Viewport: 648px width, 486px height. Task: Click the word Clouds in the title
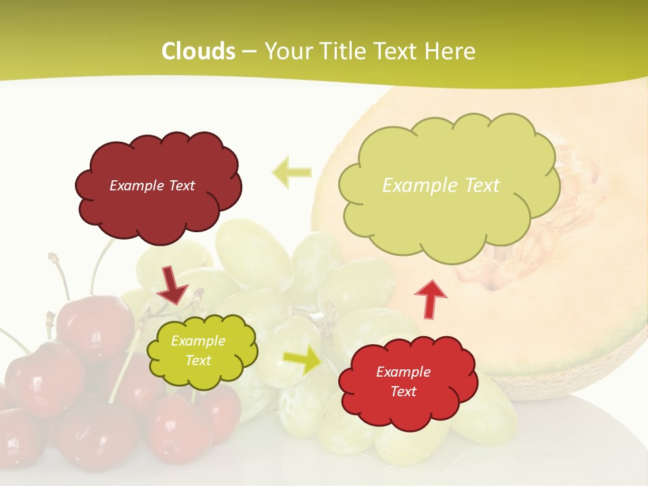198,51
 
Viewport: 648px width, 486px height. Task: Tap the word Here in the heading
453,51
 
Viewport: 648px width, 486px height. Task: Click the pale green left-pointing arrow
292,172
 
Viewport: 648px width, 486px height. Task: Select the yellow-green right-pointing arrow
303,360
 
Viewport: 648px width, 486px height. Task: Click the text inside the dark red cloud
152,186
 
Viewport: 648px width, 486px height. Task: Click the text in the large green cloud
441,186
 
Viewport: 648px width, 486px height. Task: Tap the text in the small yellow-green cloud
198,351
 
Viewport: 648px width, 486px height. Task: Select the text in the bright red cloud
403,381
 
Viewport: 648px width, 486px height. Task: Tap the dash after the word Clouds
249,52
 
